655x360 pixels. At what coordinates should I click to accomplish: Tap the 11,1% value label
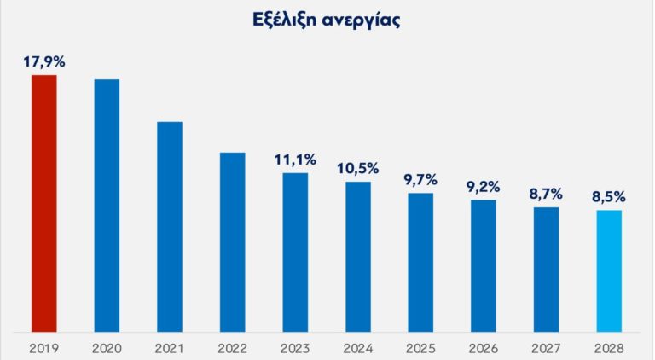tap(295, 159)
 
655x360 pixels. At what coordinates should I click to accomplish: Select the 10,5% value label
tap(358, 167)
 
